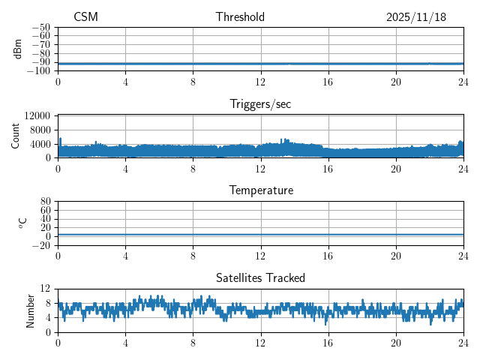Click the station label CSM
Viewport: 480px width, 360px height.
pos(85,17)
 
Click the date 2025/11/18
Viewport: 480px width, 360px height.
pos(416,17)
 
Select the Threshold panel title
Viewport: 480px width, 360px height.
pos(240,17)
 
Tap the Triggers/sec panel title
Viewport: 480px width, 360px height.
pos(260,104)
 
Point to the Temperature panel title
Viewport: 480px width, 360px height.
pos(260,190)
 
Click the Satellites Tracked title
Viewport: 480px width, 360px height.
pos(260,277)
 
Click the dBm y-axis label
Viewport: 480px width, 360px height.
pos(18,49)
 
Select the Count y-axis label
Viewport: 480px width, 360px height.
pos(16,136)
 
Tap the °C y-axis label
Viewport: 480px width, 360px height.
pos(22,223)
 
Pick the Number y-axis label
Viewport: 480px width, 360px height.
pos(31,310)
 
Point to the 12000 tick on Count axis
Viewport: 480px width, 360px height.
pos(37,115)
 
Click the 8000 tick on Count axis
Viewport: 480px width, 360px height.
pos(40,130)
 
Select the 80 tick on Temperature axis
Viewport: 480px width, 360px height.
pos(46,202)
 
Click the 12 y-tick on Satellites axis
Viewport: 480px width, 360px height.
pos(46,289)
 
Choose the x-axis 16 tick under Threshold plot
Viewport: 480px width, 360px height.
pos(328,82)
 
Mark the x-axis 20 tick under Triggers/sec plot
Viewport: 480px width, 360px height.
pos(396,169)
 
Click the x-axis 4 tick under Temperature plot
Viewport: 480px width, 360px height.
pos(125,256)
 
